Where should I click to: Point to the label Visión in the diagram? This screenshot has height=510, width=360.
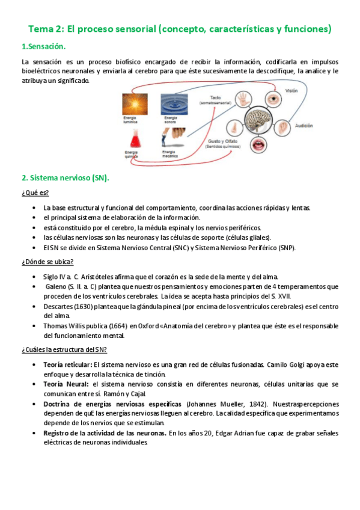[291, 90]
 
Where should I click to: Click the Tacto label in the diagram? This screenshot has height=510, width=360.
[216, 97]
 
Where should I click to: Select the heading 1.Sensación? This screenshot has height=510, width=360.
[44, 47]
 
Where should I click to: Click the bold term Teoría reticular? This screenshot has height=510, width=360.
[68, 364]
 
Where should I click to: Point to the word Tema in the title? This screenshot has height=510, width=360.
[41, 28]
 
